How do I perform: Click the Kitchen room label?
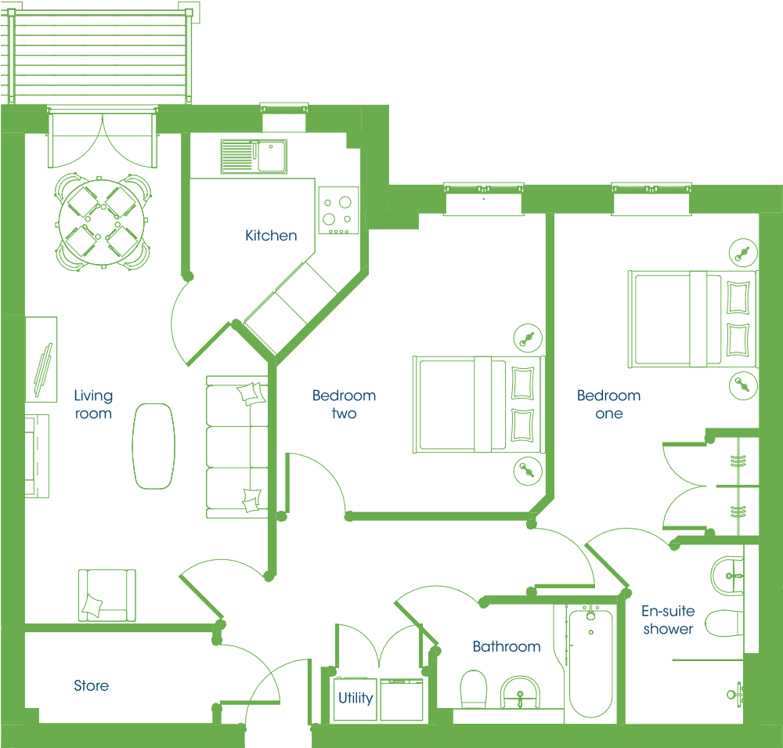point(271,235)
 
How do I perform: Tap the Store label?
point(92,685)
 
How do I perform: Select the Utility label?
point(355,698)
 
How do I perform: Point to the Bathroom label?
point(507,646)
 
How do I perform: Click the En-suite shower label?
point(668,620)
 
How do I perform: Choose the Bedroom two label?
point(344,404)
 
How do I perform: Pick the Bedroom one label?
point(608,404)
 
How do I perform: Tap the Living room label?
point(93,404)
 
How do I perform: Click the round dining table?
point(102,222)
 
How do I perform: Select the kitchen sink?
point(254,157)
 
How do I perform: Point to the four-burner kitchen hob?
point(338,211)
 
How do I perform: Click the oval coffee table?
point(153,446)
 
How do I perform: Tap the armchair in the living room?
point(106,595)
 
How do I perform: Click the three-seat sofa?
point(237,447)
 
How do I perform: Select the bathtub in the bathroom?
point(590,663)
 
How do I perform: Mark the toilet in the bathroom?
point(474,689)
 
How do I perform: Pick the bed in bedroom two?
point(478,405)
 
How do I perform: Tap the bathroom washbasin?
point(520,692)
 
